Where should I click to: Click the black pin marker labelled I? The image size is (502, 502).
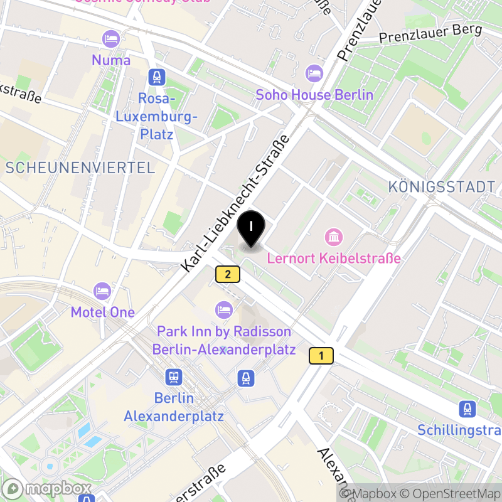click(252, 227)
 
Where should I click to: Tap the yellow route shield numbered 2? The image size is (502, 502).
click(228, 274)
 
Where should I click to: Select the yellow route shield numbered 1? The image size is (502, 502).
click(321, 356)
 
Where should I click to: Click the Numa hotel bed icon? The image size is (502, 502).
click(111, 39)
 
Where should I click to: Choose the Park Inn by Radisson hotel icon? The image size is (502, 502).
click(224, 309)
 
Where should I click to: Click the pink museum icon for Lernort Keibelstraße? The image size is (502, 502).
click(334, 237)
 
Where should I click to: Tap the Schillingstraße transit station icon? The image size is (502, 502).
click(467, 409)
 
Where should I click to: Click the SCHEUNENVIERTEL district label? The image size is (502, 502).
click(80, 168)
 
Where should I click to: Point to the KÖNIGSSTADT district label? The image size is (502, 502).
click(442, 186)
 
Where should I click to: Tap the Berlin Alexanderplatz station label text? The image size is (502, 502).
click(174, 407)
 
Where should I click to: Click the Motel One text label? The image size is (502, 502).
click(102, 312)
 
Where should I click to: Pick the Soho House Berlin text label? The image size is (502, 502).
click(314, 95)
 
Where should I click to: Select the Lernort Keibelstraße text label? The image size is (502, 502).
click(334, 258)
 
